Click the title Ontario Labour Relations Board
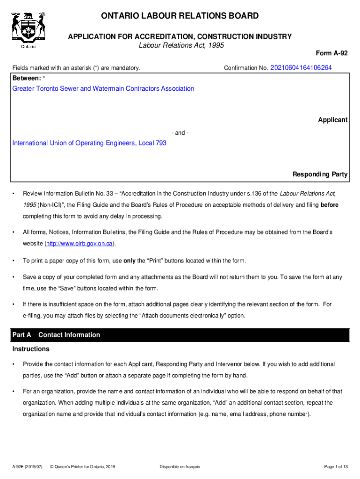(x=180, y=16)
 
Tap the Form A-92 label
(x=333, y=53)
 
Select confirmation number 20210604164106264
(x=301, y=68)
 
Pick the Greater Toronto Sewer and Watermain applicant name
(x=103, y=88)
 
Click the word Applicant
(x=332, y=120)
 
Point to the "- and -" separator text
(x=180, y=133)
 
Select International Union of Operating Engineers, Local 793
(x=89, y=143)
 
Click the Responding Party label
(x=320, y=174)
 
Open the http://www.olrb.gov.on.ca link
(x=79, y=244)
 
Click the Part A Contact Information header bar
(x=180, y=335)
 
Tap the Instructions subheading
(x=31, y=349)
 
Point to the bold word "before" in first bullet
(x=329, y=205)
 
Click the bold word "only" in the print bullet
(x=130, y=261)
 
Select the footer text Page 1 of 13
(x=336, y=467)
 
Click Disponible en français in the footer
(x=180, y=467)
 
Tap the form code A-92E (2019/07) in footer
(x=28, y=467)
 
